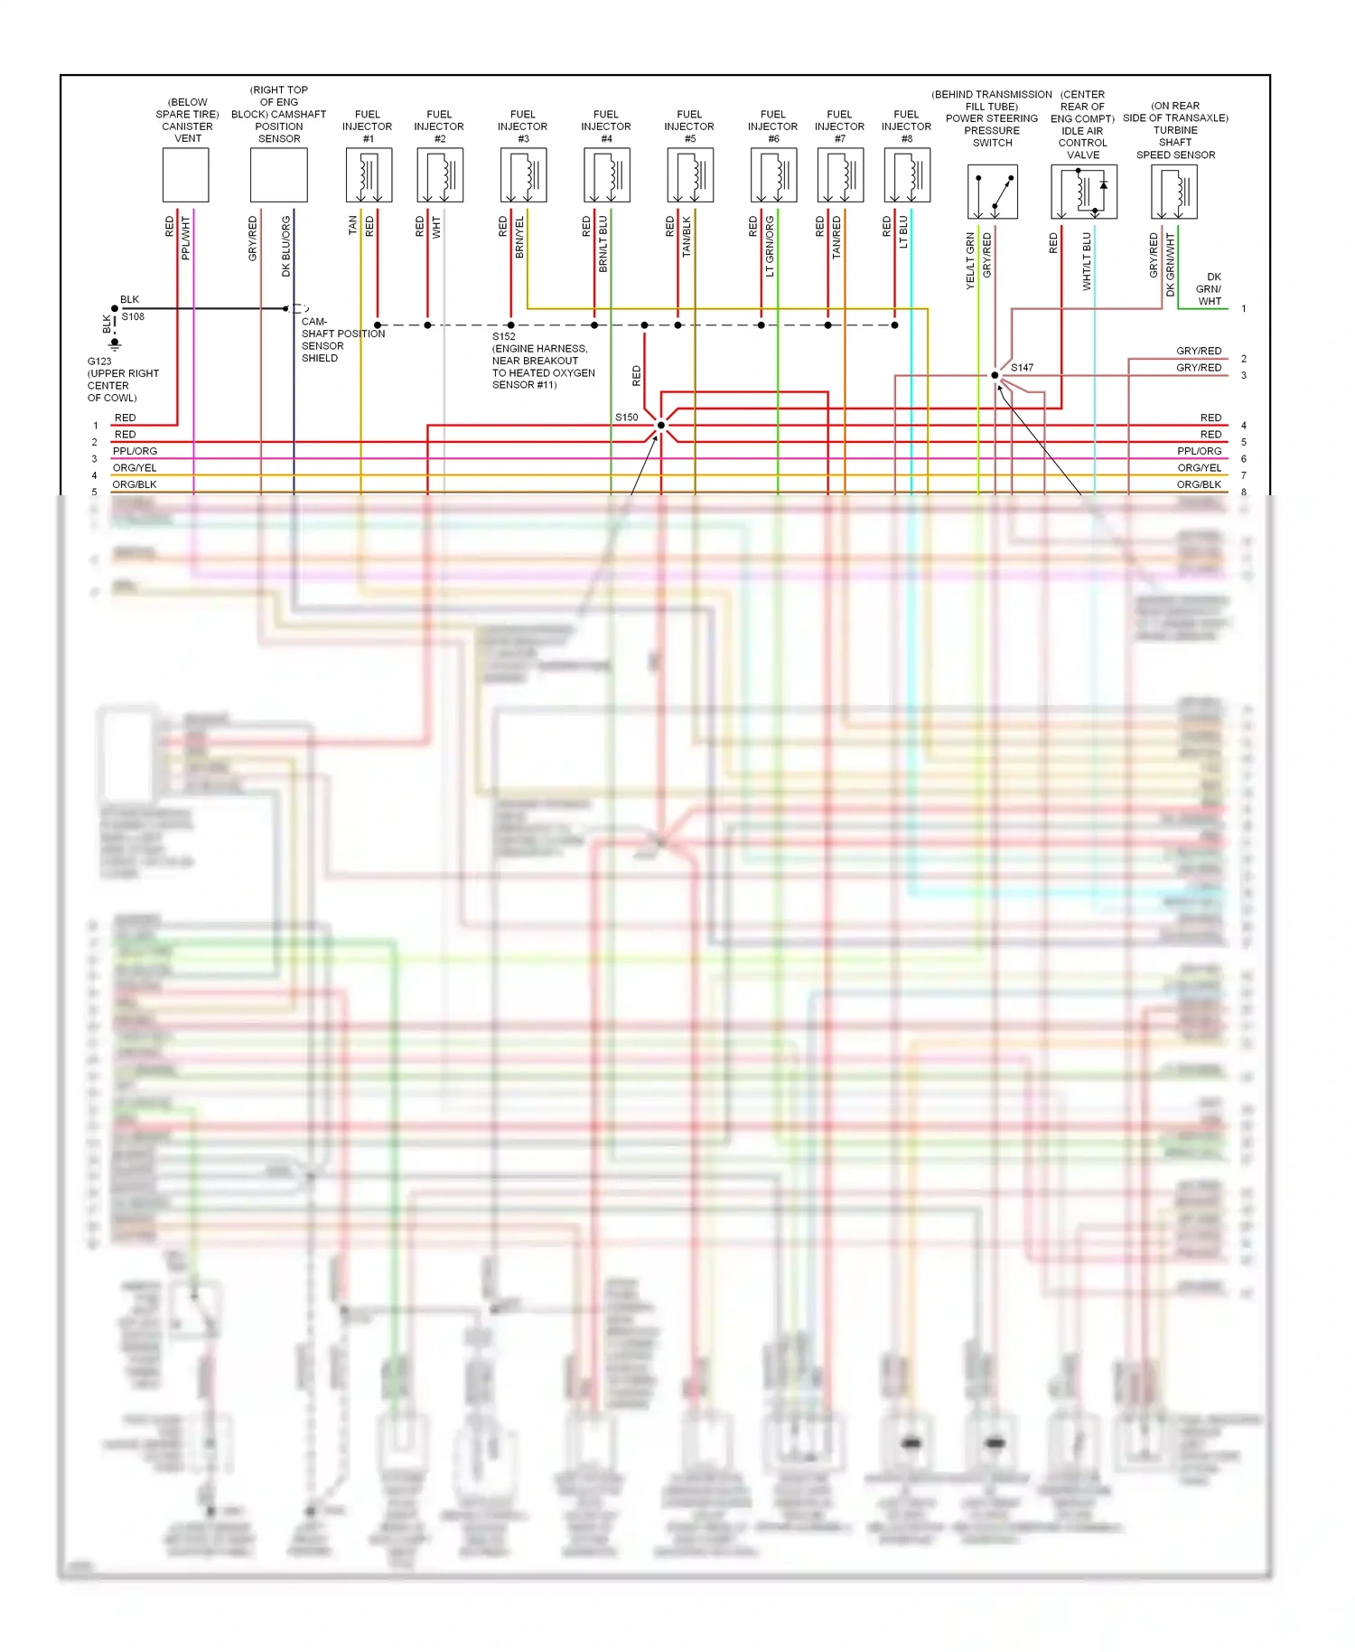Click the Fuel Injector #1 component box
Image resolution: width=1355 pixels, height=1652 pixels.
coord(369,175)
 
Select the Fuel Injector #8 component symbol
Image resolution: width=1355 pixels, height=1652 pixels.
coord(907,175)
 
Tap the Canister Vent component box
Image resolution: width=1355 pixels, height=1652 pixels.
coord(185,175)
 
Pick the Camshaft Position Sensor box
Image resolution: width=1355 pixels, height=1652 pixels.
coord(278,175)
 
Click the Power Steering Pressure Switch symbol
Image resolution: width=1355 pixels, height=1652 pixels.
coord(992,192)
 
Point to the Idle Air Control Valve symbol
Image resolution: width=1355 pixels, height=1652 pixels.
coord(1083,192)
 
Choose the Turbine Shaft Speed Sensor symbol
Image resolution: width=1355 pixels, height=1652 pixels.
coord(1173,192)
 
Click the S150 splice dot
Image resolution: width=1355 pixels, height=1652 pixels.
coord(661,425)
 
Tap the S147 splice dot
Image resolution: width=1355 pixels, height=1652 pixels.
coord(995,375)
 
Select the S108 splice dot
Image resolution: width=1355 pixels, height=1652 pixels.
coord(115,309)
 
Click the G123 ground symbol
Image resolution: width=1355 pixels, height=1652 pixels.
coord(115,344)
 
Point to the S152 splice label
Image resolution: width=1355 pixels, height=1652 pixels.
coord(503,336)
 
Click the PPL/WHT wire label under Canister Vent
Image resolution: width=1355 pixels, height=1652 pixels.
coord(186,239)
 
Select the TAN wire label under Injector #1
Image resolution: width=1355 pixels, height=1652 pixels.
coord(353,226)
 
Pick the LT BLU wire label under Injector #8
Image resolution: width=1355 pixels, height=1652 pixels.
coord(903,232)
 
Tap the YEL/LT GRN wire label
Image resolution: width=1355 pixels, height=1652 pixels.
coord(971,261)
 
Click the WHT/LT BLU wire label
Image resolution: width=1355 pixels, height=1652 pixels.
coord(1087,261)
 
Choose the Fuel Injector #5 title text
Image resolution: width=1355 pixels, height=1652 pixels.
coord(689,127)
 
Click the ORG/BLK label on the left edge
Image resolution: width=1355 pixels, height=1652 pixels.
coord(134,484)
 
